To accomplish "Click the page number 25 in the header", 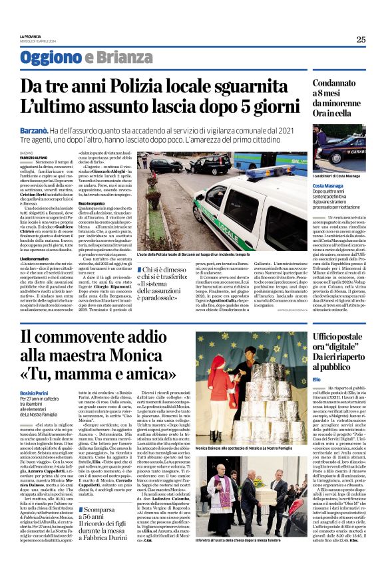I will tap(359, 39).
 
